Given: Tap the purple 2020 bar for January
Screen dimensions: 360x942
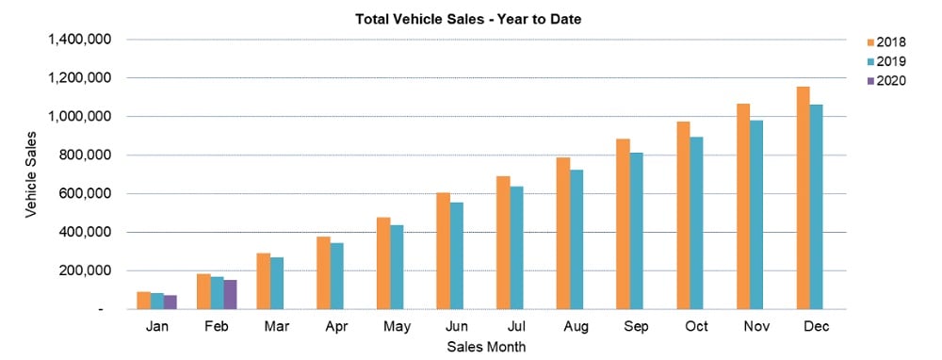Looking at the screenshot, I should (170, 302).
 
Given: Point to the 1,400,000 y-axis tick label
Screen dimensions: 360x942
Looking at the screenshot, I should (79, 40).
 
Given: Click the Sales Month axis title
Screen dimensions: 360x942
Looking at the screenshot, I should (487, 347).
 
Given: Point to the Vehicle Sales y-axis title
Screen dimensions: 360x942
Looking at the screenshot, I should (31, 173).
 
